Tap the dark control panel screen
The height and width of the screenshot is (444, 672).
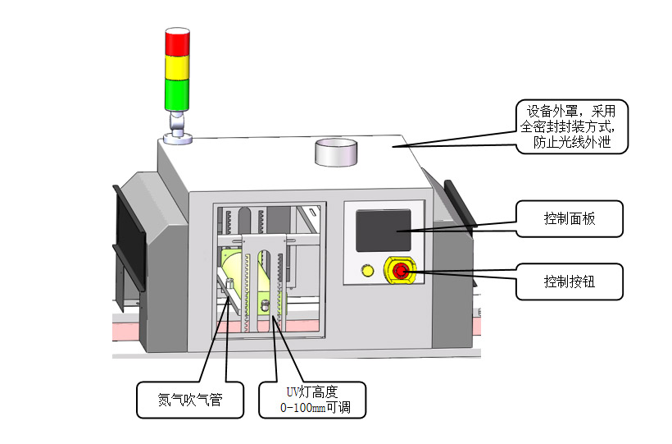coord(382,229)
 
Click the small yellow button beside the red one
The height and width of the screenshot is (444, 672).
coord(367,270)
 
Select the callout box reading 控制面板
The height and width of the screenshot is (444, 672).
coord(569,219)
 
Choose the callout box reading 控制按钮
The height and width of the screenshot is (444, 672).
coord(569,281)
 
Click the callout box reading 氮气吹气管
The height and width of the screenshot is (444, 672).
coord(190,401)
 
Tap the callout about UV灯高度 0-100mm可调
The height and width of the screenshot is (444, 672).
coord(312,400)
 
